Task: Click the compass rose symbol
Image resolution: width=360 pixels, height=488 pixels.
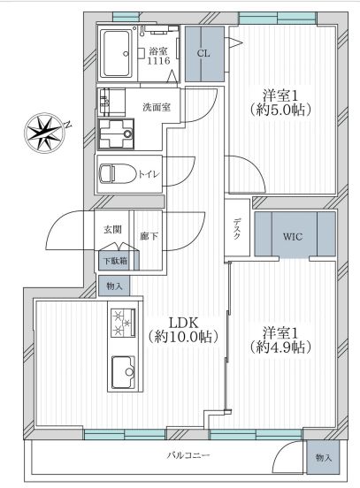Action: pos(46,133)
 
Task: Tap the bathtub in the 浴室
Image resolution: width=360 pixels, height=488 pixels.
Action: pos(117,54)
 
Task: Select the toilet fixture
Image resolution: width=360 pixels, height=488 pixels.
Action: pos(118,173)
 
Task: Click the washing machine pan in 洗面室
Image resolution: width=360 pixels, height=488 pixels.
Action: pos(116,133)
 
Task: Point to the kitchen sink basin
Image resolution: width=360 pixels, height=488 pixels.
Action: pos(124,372)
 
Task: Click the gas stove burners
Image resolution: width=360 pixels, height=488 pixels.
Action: pos(123,323)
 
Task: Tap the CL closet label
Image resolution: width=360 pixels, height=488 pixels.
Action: pos(203,53)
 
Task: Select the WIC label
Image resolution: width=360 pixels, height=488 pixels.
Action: pos(293,237)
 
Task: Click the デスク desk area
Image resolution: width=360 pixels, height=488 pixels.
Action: pos(237,227)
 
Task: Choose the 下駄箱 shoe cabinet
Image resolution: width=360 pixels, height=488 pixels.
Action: pos(116,260)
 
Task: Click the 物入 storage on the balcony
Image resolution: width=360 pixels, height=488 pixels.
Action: pos(323,458)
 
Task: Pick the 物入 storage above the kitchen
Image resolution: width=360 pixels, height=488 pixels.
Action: pos(114,286)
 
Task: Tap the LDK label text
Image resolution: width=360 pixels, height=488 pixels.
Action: pos(183,323)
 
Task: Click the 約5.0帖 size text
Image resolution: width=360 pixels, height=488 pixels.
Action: pos(280,110)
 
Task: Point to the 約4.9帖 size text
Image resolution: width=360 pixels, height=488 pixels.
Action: pos(280,347)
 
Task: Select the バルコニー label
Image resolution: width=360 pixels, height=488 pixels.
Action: pos(188,455)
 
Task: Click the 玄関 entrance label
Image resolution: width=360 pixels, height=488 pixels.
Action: pos(112,230)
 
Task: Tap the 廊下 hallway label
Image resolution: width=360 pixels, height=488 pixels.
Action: pos(149,236)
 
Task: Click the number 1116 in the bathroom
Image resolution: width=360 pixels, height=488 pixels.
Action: pos(159,60)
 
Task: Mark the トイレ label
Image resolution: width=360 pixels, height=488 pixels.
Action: pos(149,174)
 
